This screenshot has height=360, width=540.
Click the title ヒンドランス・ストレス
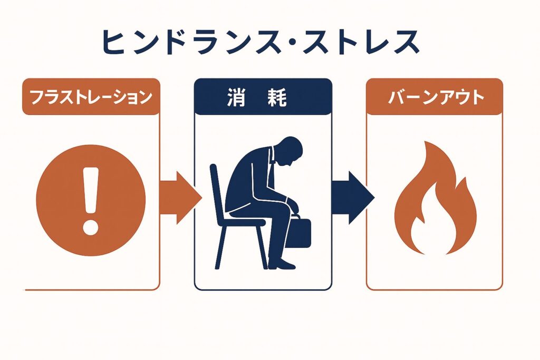pyautogui.click(x=261, y=42)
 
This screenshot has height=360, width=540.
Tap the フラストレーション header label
pyautogui.click(x=91, y=97)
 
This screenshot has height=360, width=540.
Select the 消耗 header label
pyautogui.click(x=257, y=98)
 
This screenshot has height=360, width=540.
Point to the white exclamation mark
pyautogui.click(x=91, y=201)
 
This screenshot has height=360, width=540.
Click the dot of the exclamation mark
pyautogui.click(x=91, y=228)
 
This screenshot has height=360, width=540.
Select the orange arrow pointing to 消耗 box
pyautogui.click(x=180, y=198)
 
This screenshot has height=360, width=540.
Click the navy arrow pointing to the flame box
pyautogui.click(x=353, y=198)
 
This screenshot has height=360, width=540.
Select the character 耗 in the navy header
pyautogui.click(x=277, y=98)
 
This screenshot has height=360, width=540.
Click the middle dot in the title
pyautogui.click(x=293, y=43)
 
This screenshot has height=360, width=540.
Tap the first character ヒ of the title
pyautogui.click(x=114, y=42)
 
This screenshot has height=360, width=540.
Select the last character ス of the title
pyautogui.click(x=407, y=42)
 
